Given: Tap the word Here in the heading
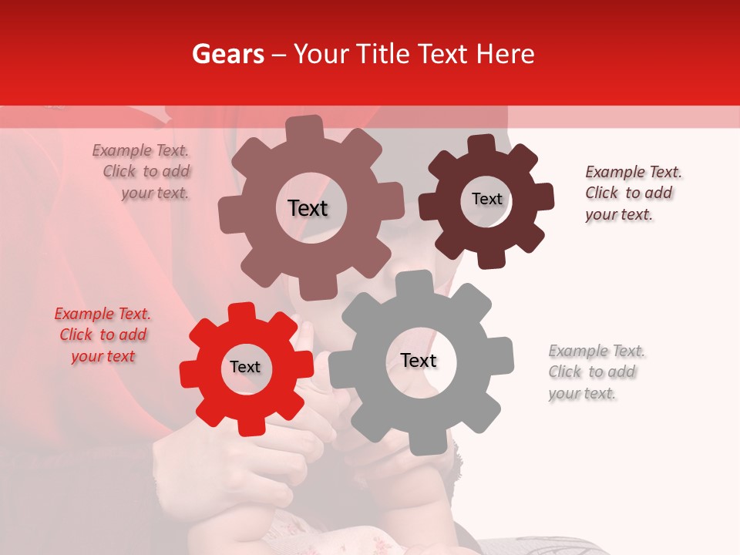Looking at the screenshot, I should click(506, 54).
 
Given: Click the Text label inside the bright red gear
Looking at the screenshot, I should click(245, 368).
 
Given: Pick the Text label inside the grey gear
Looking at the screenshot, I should click(419, 361).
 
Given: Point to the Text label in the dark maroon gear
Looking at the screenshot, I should click(486, 199).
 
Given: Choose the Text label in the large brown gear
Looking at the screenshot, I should click(308, 208).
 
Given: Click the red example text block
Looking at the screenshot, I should click(103, 335).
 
